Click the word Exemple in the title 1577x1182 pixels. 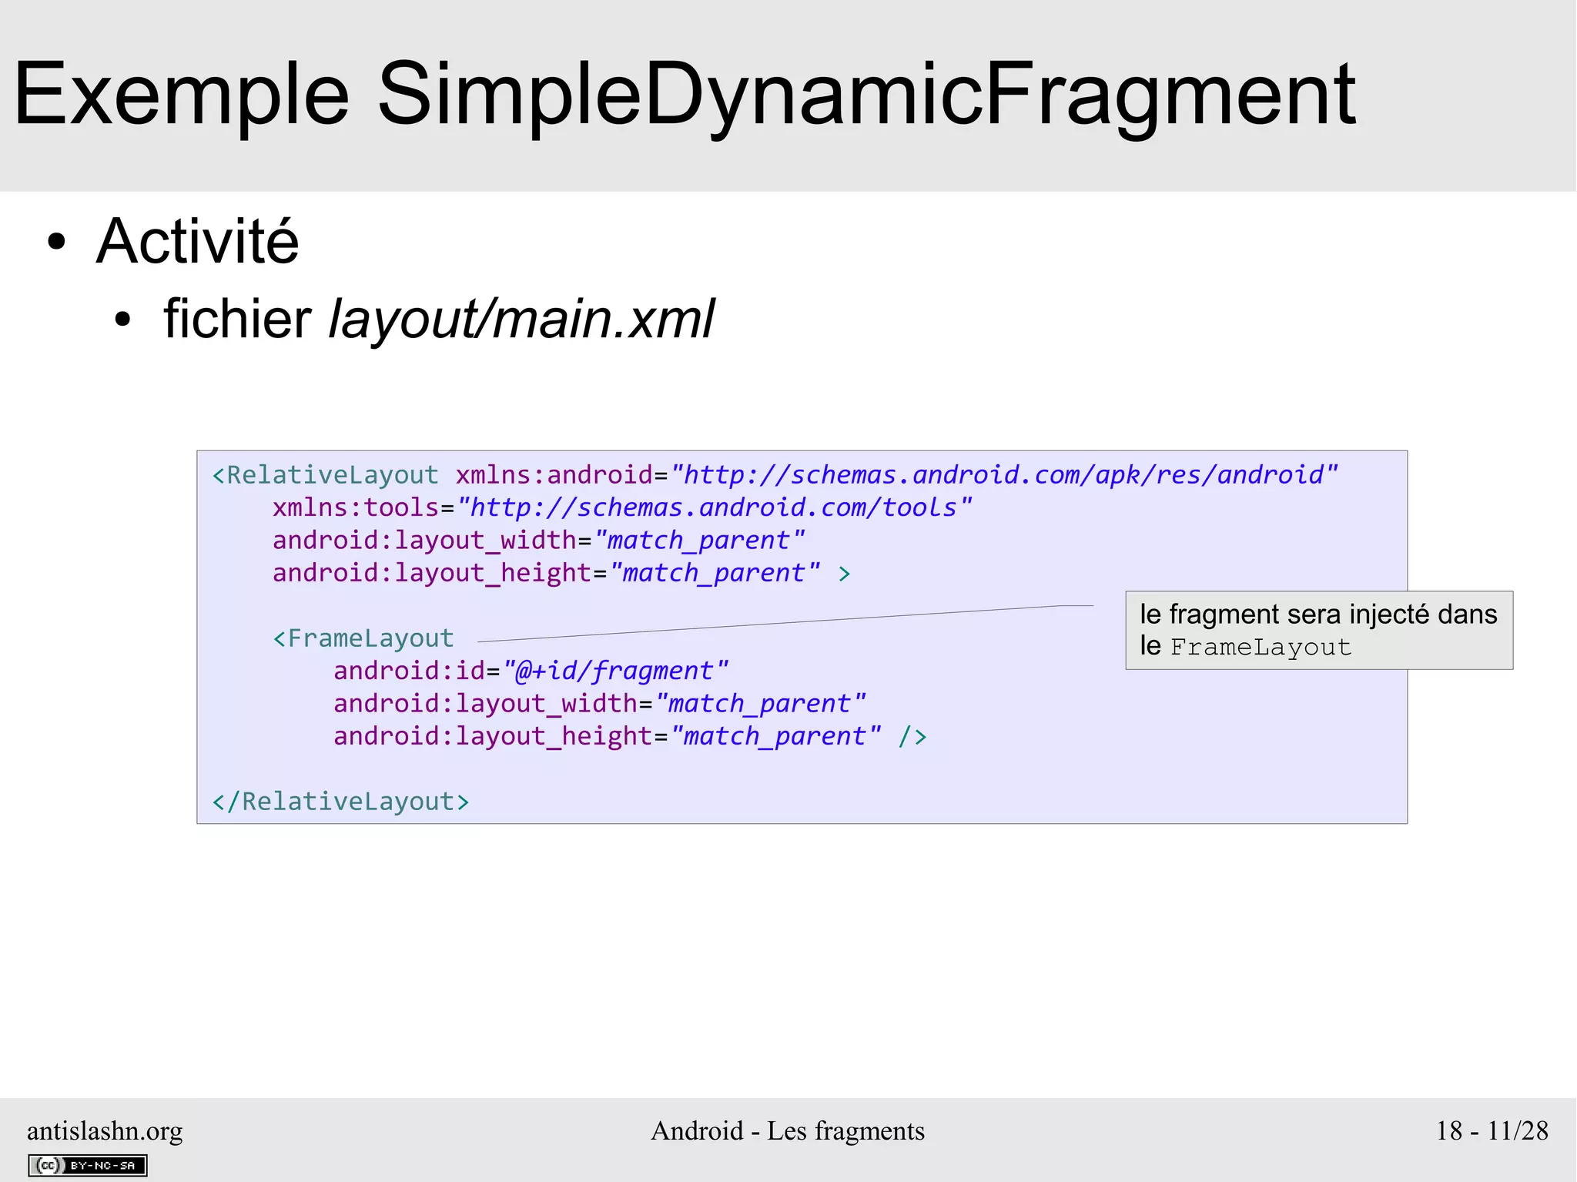pos(182,95)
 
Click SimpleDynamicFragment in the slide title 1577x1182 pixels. pos(866,95)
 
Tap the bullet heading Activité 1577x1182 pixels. pos(197,242)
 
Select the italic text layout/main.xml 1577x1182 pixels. pos(521,319)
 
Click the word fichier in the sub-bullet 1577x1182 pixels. pos(237,319)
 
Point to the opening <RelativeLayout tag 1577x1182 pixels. pos(325,475)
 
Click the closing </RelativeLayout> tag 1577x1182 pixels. pos(340,802)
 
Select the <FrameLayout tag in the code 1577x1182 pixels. pos(363,638)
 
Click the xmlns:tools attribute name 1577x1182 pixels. pos(356,508)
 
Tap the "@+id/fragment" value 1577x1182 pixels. pos(615,671)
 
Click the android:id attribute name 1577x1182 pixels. pos(410,671)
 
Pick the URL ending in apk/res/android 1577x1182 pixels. pos(1004,475)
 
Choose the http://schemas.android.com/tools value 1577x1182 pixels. pos(714,508)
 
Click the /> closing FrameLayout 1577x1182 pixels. pos(912,737)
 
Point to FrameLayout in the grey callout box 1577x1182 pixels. pos(1261,647)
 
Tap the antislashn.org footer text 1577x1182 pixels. pos(105,1130)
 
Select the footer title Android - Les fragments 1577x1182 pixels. pos(788,1130)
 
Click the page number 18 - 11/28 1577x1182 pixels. pos(1492,1130)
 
